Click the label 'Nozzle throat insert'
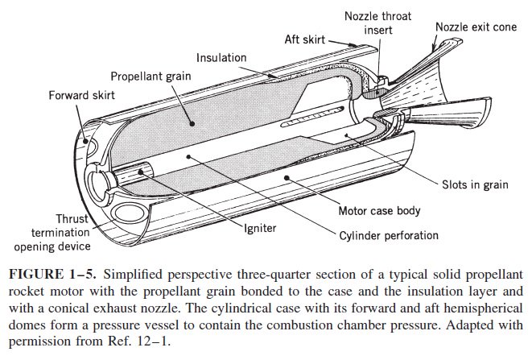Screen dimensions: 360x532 coord(375,23)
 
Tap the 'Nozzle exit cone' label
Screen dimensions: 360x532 coord(476,26)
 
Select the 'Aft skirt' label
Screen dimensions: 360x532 coord(306,38)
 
